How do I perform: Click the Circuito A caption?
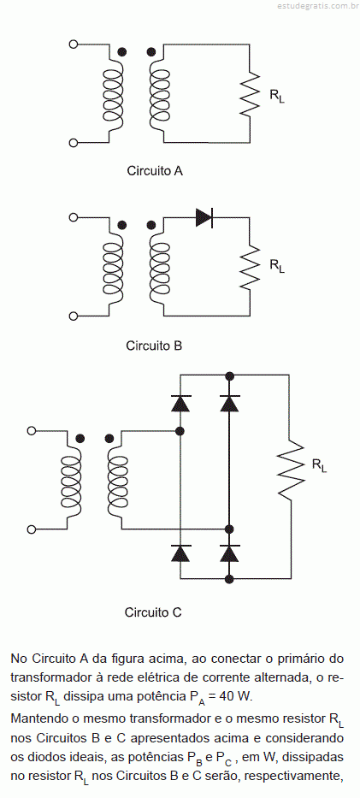point(155,171)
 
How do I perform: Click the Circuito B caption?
point(154,346)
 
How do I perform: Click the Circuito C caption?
point(153,612)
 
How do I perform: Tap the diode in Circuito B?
point(204,218)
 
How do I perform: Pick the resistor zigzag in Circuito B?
point(250,269)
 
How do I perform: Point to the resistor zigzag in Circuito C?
point(291,470)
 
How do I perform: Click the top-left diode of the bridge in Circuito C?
point(180,403)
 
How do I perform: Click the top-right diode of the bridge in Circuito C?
point(229,403)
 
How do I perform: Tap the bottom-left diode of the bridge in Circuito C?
point(180,553)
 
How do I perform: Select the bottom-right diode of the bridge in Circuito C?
point(229,553)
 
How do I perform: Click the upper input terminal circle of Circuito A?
point(74,44)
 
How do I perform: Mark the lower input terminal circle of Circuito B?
point(74,316)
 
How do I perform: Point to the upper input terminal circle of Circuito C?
point(32,431)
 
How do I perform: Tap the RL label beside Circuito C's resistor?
point(319,465)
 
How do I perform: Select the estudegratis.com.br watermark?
point(318,6)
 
